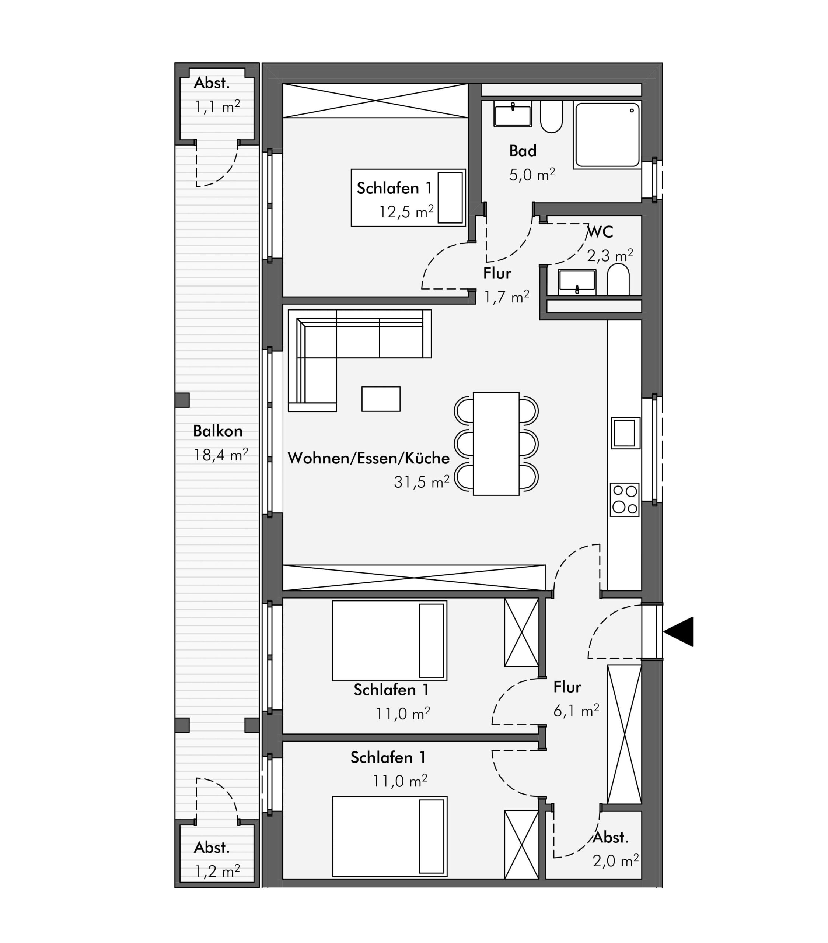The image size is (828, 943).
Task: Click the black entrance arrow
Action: (678, 632)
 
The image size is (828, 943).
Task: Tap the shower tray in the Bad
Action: (607, 135)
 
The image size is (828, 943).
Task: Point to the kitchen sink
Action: (625, 433)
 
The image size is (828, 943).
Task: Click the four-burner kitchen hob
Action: (625, 499)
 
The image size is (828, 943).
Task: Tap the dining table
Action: (496, 444)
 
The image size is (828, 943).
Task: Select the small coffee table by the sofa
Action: (381, 399)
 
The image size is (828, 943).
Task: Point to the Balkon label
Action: (217, 431)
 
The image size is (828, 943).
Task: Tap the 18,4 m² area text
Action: (221, 455)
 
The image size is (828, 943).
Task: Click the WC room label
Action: (600, 232)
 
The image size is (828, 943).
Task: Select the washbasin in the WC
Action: (577, 282)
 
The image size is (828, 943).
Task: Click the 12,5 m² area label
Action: (406, 212)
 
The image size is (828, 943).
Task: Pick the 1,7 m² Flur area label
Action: (506, 297)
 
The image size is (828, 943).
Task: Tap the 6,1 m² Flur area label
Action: (576, 711)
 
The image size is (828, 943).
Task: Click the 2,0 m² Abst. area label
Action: (616, 861)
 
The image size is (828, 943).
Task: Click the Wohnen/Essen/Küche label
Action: (368, 458)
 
